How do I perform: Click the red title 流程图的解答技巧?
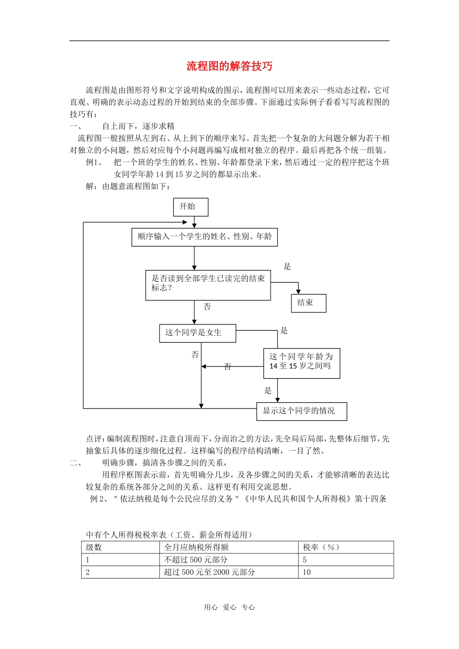(x=229, y=66)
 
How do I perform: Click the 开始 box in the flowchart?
(x=191, y=207)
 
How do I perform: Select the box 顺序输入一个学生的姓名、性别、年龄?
(x=204, y=237)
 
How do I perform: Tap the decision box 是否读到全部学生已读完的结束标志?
(x=208, y=284)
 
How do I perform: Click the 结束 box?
(x=309, y=303)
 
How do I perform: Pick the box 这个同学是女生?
(x=198, y=333)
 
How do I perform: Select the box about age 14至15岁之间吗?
(x=301, y=363)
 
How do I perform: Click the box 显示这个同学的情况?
(x=301, y=411)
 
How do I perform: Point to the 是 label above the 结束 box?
(x=287, y=266)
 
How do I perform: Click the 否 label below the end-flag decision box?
(x=207, y=307)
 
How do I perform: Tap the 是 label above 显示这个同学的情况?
(x=268, y=391)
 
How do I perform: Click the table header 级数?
(x=94, y=547)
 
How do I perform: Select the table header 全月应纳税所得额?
(x=196, y=547)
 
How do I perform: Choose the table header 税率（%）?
(x=321, y=547)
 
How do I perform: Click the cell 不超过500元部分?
(x=196, y=560)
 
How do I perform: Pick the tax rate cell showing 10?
(x=307, y=572)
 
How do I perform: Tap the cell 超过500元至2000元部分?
(x=209, y=572)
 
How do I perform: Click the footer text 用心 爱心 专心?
(x=229, y=607)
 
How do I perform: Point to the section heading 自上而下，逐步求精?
(x=138, y=126)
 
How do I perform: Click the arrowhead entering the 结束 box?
(x=299, y=292)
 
